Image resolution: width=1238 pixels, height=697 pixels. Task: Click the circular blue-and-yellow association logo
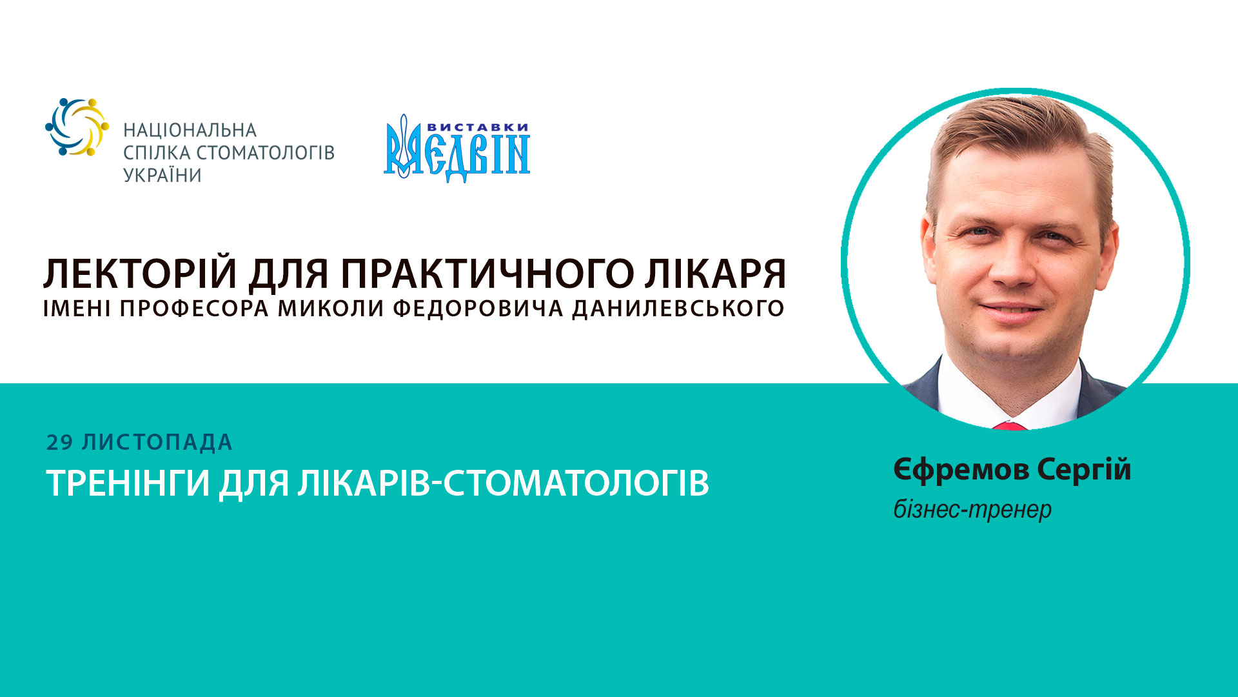pos(77,126)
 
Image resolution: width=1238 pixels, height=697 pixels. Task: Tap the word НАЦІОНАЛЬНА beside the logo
pos(190,130)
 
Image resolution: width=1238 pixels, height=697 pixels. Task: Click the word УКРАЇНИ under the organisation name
pos(162,176)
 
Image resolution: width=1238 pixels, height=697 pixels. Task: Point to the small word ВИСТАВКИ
pos(478,127)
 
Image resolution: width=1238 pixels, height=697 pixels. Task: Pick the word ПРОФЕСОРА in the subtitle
pos(194,308)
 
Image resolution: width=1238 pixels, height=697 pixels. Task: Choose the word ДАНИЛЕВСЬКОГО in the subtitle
pos(678,308)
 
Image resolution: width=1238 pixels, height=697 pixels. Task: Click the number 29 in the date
pos(59,443)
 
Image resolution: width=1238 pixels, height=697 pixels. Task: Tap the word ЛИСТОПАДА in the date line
pos(157,443)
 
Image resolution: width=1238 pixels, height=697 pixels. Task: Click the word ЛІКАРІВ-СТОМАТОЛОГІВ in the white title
pos(503,483)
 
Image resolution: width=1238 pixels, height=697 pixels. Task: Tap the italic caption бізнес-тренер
pos(972,510)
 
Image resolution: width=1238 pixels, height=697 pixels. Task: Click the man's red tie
pos(1009,426)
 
